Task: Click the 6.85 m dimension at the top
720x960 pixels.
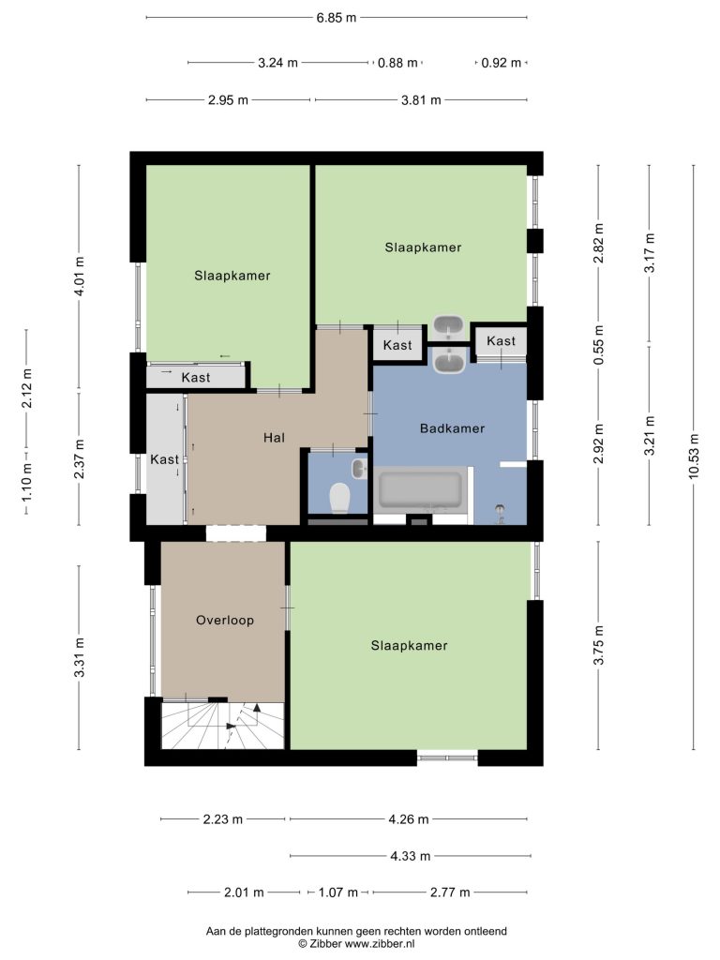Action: click(x=337, y=18)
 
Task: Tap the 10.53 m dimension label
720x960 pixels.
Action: click(x=693, y=457)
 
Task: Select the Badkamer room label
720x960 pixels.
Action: click(x=453, y=428)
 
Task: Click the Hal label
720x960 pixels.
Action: click(x=275, y=438)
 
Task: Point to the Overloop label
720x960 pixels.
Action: click(x=225, y=621)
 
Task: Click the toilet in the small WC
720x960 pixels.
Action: click(x=339, y=497)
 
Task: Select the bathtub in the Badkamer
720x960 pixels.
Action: click(x=421, y=489)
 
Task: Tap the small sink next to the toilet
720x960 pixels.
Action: click(x=359, y=470)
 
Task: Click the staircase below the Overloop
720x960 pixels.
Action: click(x=223, y=726)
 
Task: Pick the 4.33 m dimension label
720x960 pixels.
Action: click(x=411, y=856)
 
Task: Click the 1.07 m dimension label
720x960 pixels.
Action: click(x=337, y=892)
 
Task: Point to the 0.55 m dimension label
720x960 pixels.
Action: click(x=598, y=345)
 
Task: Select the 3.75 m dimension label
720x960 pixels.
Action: click(x=598, y=645)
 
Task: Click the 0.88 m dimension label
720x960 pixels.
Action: click(x=397, y=63)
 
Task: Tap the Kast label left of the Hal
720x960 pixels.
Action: click(x=165, y=459)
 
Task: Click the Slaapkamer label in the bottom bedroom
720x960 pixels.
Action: click(x=409, y=645)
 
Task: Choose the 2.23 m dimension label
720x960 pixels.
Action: click(x=223, y=819)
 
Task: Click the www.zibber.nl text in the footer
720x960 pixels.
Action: click(x=380, y=943)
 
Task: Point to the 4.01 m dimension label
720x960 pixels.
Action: click(x=79, y=277)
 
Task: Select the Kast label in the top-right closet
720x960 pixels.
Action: click(x=502, y=341)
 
